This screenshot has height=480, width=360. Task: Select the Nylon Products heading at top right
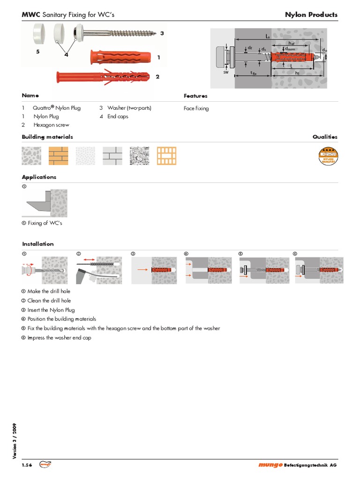coord(311,15)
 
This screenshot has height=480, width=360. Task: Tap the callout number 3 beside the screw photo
coord(162,33)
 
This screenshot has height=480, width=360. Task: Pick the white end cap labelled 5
coord(37,35)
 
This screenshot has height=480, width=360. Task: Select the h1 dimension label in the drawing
coord(298,74)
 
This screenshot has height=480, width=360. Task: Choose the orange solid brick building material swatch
coord(58,156)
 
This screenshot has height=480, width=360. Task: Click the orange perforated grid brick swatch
coord(166,156)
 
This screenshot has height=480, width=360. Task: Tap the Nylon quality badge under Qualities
coord(328,156)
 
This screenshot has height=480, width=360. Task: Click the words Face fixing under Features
coord(196,108)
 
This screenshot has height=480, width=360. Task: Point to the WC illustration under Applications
coord(45,203)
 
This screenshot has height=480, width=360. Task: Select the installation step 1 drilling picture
coord(45,270)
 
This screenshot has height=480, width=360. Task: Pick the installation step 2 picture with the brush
coord(98,270)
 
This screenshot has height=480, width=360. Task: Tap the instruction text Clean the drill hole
coord(49,300)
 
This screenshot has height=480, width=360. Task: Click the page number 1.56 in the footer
coord(27,465)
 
